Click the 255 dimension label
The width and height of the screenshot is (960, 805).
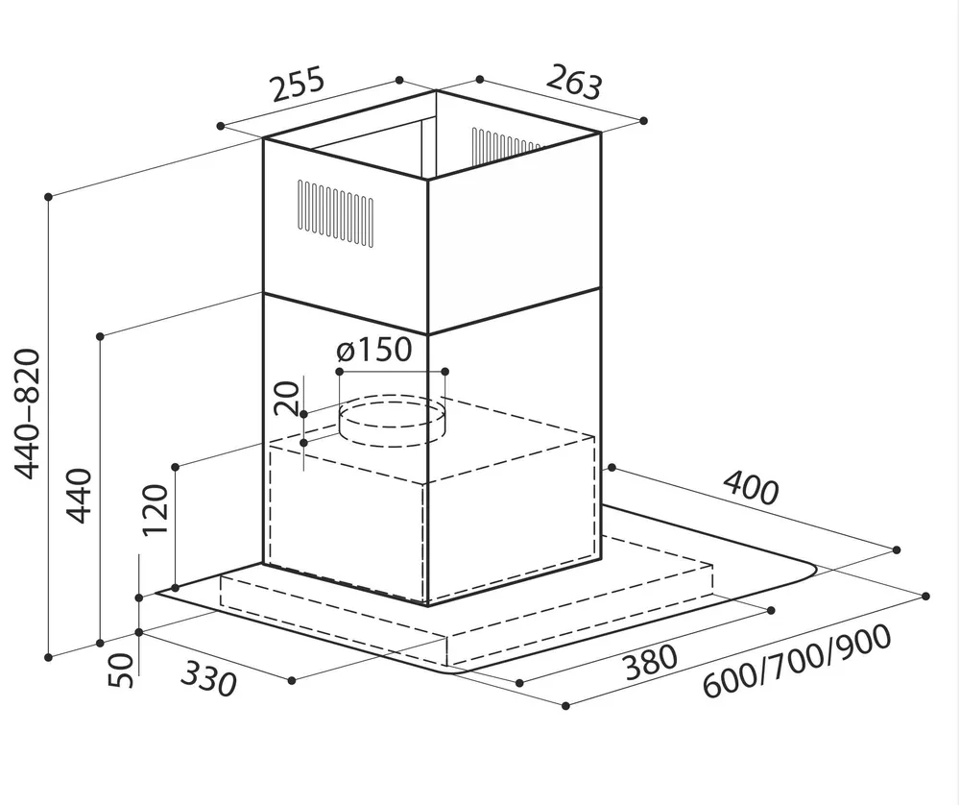coord(298,85)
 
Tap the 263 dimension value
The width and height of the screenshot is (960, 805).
coord(574,82)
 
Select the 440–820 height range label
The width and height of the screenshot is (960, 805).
coord(27,413)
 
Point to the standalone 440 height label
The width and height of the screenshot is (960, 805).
coord(79,496)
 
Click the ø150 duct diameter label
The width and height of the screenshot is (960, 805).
coord(374,351)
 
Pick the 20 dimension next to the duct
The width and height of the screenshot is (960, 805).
coord(286,398)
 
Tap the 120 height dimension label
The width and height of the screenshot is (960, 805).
coord(155,510)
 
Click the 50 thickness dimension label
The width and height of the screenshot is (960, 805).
coord(120,671)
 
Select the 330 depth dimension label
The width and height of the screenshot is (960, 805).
coord(208,679)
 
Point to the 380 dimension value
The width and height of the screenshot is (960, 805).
coord(651,662)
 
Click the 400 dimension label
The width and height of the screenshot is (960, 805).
coord(752,488)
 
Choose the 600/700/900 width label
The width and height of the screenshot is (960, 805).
coord(797,661)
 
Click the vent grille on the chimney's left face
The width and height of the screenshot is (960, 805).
coord(335,213)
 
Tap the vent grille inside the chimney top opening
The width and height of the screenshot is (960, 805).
coord(506,147)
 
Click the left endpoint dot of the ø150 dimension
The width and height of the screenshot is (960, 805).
coord(339,372)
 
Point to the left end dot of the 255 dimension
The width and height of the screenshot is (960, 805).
coord(221,126)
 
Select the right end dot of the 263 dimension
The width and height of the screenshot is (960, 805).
coord(643,121)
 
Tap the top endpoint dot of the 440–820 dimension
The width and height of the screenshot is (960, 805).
coord(48,197)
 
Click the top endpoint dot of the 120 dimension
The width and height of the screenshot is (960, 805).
coord(175,467)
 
